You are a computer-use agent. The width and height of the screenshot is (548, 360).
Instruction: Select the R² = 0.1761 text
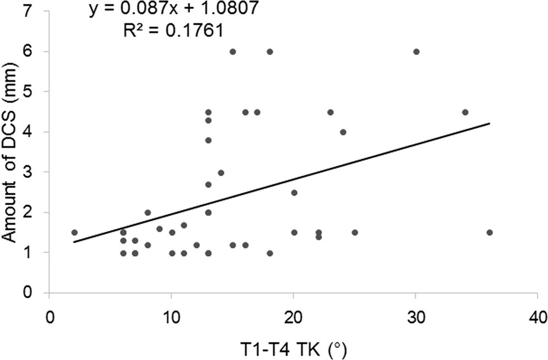point(173,31)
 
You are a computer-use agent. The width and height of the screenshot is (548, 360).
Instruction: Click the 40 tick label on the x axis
point(537,318)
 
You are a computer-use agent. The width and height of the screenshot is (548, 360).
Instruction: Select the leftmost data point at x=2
point(74,232)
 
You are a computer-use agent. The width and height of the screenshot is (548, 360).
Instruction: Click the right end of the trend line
point(489,123)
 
